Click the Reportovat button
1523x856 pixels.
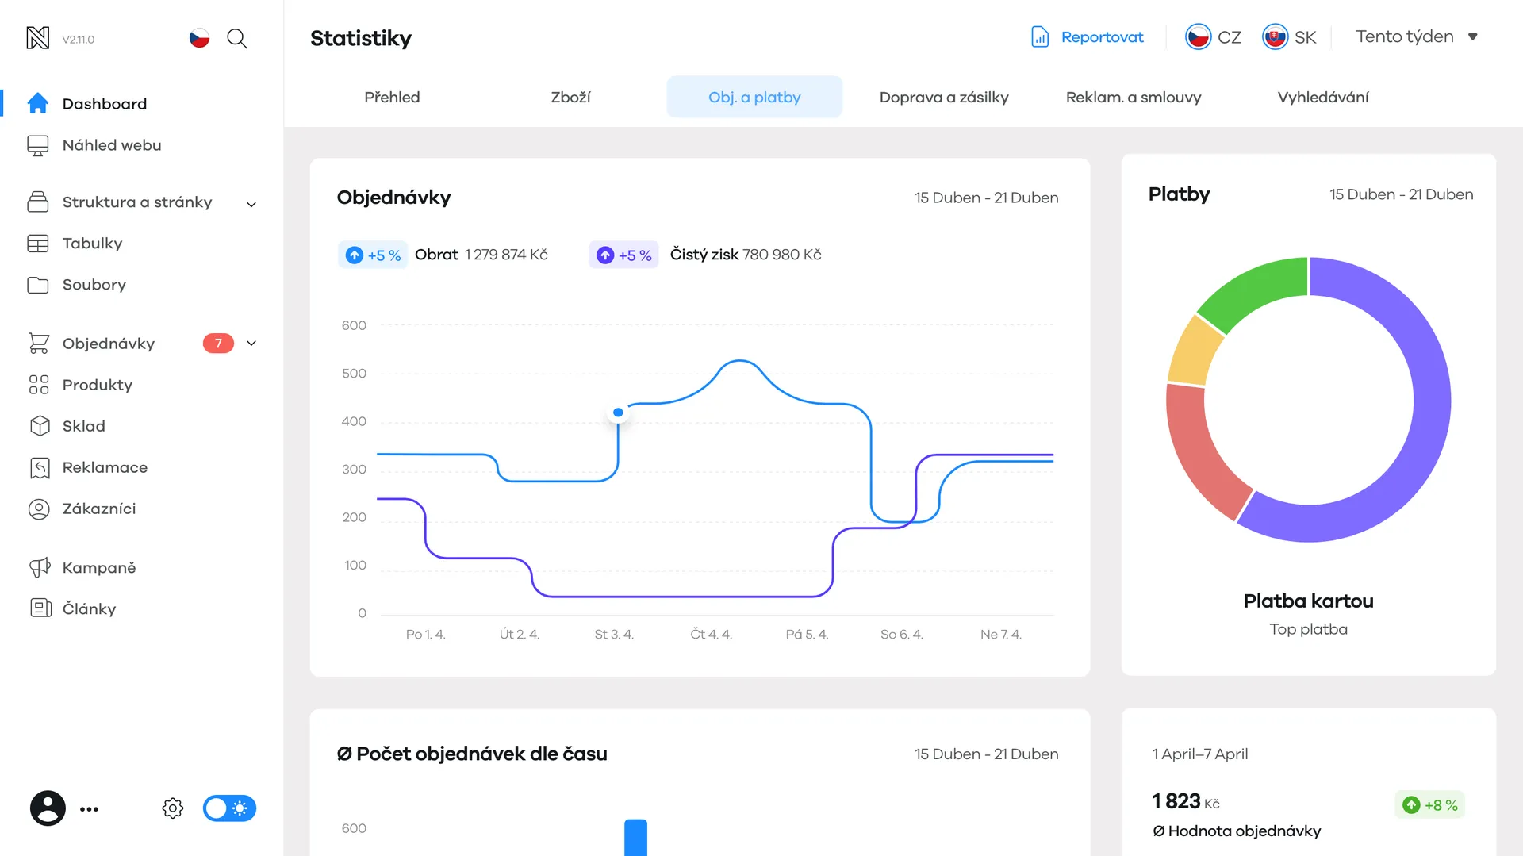(1087, 37)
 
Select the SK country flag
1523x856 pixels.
(1275, 37)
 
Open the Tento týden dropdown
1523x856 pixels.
(1417, 36)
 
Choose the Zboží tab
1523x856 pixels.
(570, 97)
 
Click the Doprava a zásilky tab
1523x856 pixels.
(944, 97)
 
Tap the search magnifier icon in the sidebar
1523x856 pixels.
(237, 39)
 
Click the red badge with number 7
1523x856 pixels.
(218, 344)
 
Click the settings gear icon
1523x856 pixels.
(173, 808)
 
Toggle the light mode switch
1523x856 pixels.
(229, 808)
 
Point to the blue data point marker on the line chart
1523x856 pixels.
(618, 413)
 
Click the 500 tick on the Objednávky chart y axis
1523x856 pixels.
(354, 374)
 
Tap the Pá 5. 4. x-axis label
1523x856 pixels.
(807, 635)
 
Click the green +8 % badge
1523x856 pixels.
(1430, 805)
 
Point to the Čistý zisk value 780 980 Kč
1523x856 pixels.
(781, 255)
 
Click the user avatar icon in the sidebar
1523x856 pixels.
(48, 808)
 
